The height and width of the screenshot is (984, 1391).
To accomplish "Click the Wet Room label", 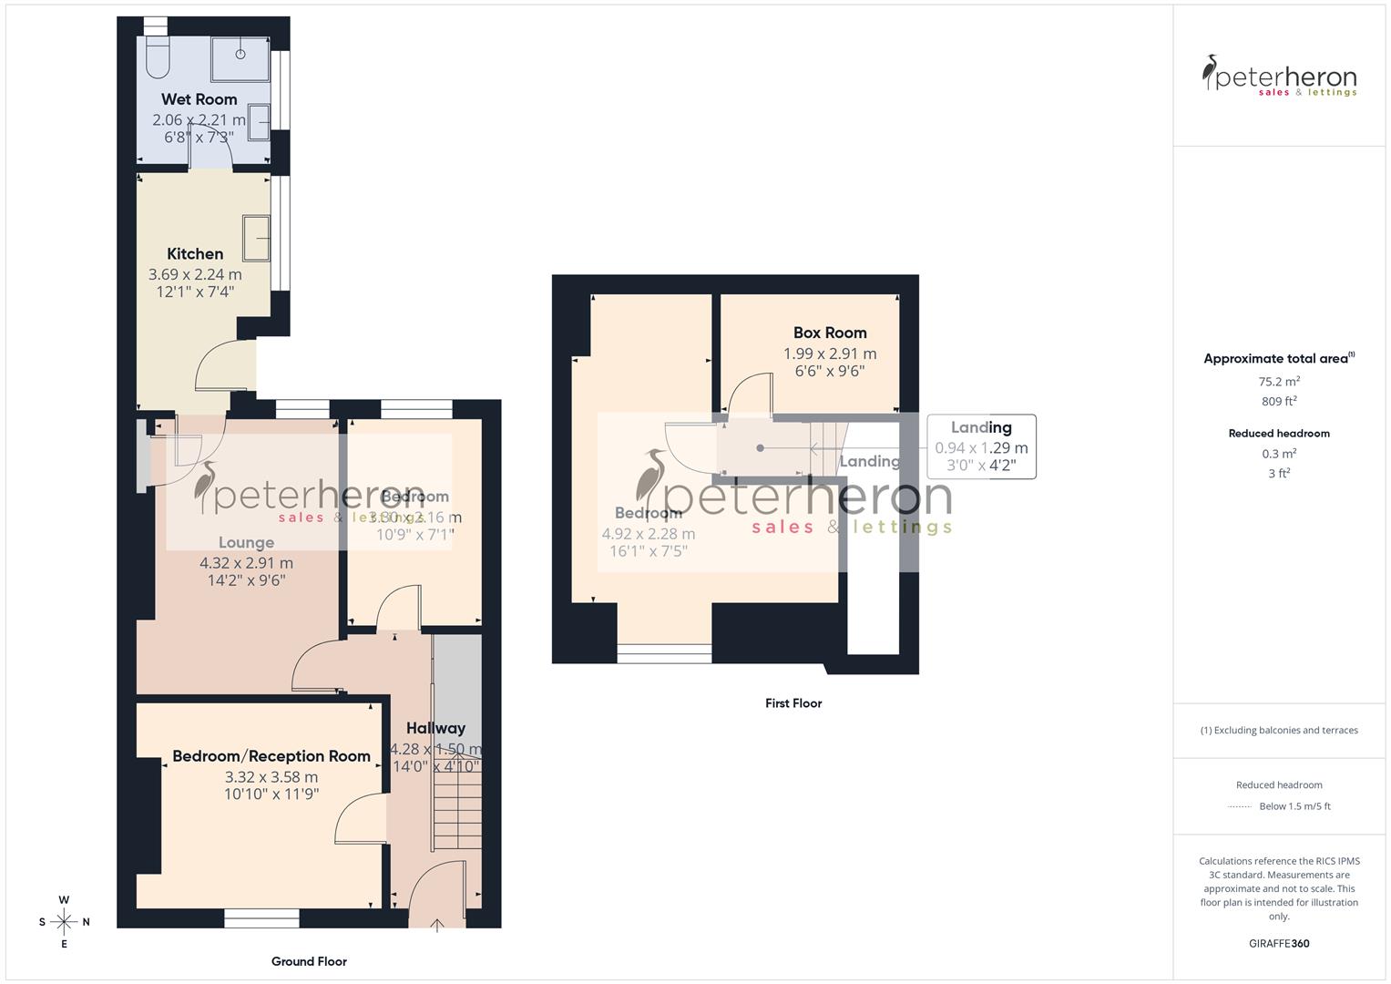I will coord(199,99).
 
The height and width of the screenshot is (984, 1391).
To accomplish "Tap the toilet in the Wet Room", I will coord(156,56).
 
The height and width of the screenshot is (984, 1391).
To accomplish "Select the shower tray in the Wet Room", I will coord(240,59).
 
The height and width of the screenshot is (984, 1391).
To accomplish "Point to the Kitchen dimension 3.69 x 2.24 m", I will coord(195,274).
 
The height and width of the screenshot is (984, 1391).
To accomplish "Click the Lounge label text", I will coord(246,542).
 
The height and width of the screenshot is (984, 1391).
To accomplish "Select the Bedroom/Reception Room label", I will coord(271,756).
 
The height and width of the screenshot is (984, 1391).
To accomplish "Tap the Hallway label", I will coord(435,728).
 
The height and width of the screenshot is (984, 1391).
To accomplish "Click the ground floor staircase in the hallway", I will coord(455,802).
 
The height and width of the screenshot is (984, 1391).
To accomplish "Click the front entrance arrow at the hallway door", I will coord(437,925).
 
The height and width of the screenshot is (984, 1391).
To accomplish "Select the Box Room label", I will coord(830,333).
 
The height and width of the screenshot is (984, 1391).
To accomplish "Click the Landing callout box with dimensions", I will coord(981,446).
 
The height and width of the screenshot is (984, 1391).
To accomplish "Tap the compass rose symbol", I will coord(64,921).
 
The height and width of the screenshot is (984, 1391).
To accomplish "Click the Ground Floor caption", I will coord(309,961).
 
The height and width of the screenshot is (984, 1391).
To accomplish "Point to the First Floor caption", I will coord(793,703).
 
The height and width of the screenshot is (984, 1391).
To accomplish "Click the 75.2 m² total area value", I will coord(1279,382).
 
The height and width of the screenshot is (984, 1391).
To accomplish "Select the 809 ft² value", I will coord(1279,401).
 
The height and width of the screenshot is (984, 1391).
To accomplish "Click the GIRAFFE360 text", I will coord(1279,943).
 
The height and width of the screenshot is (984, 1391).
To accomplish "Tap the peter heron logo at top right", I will coord(1279,76).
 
